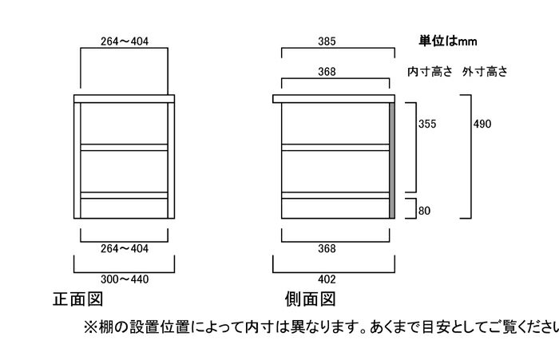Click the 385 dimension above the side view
pyautogui.click(x=327, y=42)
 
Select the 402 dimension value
pyautogui.click(x=327, y=279)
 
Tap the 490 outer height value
pyautogui.click(x=482, y=124)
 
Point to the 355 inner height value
pyautogui.click(x=427, y=124)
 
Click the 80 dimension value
pyautogui.click(x=424, y=211)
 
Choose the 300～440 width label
pyautogui.click(x=125, y=279)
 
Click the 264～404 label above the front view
pyautogui.click(x=125, y=42)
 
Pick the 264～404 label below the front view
pyautogui.click(x=125, y=248)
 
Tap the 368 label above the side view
pyautogui.click(x=327, y=72)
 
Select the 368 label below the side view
pyautogui.click(x=327, y=248)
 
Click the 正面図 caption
pyautogui.click(x=78, y=299)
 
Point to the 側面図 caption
pyautogui.click(x=311, y=299)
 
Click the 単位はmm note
pyautogui.click(x=448, y=42)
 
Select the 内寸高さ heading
pyautogui.click(x=430, y=72)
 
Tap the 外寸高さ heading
pyautogui.click(x=485, y=72)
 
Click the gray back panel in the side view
pyautogui.click(x=392, y=160)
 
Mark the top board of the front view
pyautogui.click(x=124, y=99)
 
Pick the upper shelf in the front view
pyautogui.click(x=124, y=148)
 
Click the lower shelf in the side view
pyautogui.click(x=335, y=196)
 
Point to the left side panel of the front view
pyautogui.click(x=77, y=160)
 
